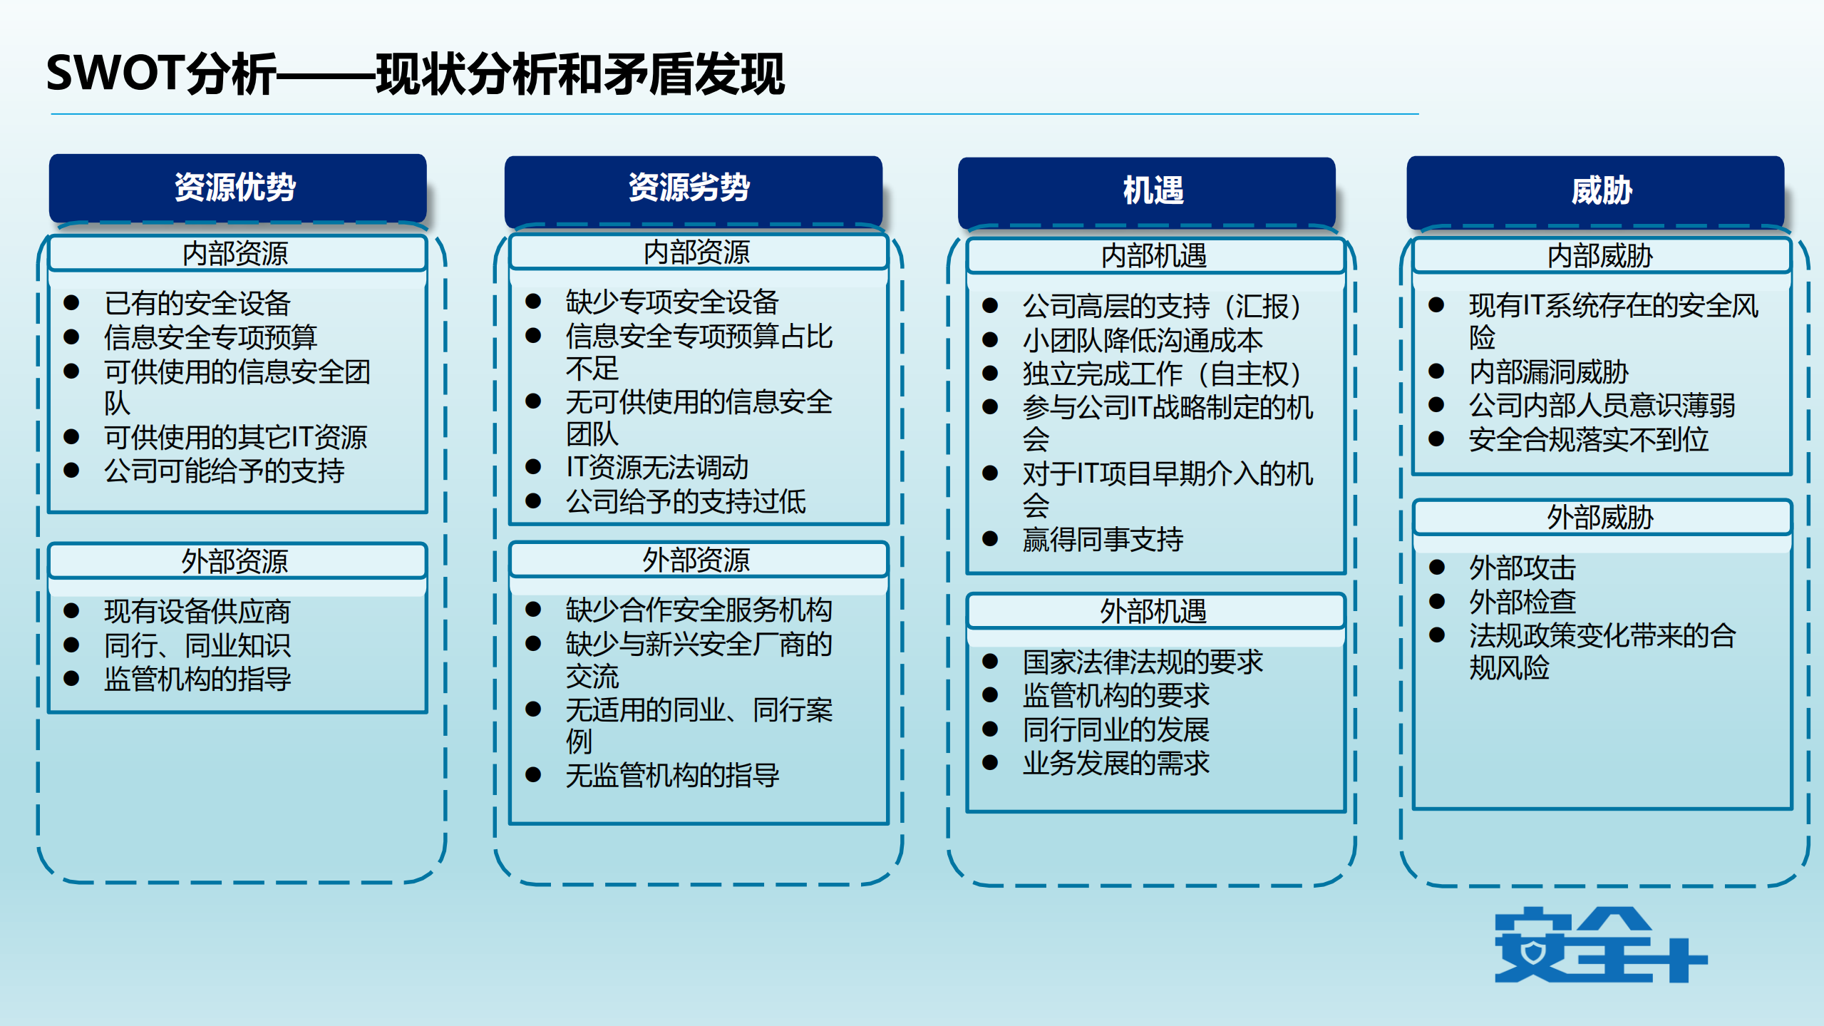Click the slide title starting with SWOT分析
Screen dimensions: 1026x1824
click(415, 73)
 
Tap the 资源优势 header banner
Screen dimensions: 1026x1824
click(237, 188)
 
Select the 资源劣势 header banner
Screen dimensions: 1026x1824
click(692, 188)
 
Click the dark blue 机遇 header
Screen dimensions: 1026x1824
click(1146, 191)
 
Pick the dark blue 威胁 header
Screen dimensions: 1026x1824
click(1594, 191)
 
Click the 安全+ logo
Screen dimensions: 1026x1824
click(1599, 945)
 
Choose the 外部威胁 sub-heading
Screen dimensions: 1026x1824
click(1600, 518)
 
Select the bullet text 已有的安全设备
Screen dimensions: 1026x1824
click(197, 303)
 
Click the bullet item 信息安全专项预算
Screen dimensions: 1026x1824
click(210, 337)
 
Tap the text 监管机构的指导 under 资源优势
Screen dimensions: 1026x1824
click(197, 679)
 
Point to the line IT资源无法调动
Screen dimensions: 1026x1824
click(656, 468)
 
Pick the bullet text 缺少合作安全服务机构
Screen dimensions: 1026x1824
click(699, 610)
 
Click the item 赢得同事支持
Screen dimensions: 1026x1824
click(1103, 540)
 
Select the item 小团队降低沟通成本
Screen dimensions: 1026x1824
click(1143, 341)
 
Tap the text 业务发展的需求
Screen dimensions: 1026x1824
click(1116, 764)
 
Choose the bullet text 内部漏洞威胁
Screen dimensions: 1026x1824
click(1548, 372)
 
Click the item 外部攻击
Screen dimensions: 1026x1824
click(1522, 568)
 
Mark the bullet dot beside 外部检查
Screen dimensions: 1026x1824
click(1437, 602)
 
